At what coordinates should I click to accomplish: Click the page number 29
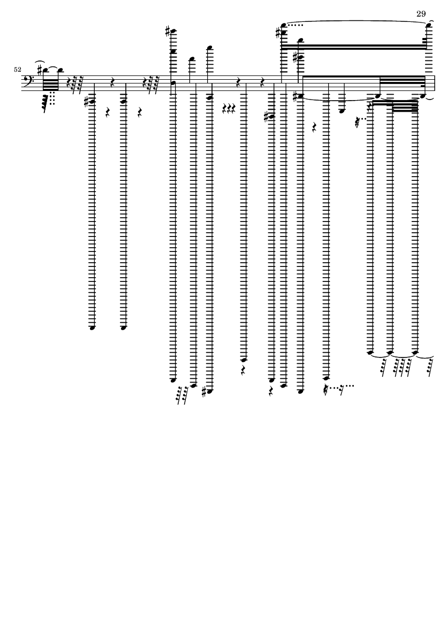pos(421,14)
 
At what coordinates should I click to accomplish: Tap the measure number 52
pos(17,70)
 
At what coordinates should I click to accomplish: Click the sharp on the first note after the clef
pos(40,71)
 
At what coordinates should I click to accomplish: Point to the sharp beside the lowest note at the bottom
pos(204,391)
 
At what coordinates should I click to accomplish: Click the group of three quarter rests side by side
pos(229,109)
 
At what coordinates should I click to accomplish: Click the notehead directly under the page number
pos(428,25)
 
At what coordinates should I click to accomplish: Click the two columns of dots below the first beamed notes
pos(52,98)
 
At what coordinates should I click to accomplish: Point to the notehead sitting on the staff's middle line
pos(173,83)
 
